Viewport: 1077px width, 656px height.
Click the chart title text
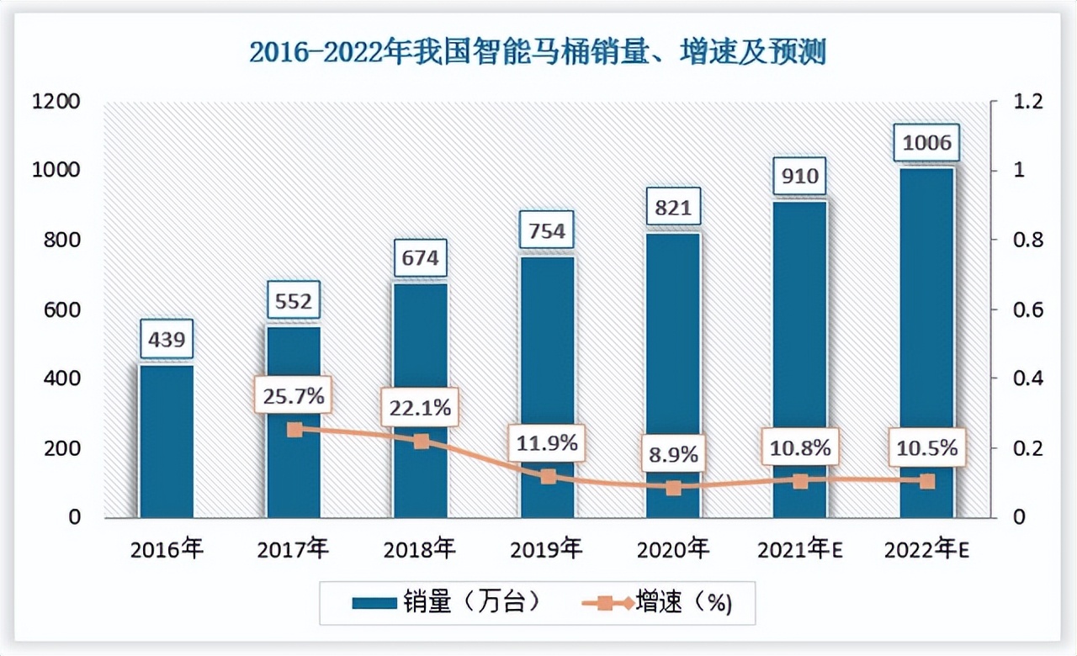click(538, 52)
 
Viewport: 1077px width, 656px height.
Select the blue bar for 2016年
click(167, 442)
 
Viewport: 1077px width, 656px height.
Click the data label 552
click(294, 300)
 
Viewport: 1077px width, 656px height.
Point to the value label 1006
click(926, 143)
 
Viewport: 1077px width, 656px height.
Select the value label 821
click(673, 207)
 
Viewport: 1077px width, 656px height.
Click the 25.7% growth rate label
click(294, 395)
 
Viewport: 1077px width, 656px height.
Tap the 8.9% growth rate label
click(673, 454)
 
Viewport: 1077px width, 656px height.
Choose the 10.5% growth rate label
click(926, 448)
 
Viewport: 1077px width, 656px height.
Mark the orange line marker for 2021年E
click(800, 481)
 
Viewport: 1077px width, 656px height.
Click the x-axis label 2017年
click(294, 550)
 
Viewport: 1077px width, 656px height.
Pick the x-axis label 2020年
click(673, 550)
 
